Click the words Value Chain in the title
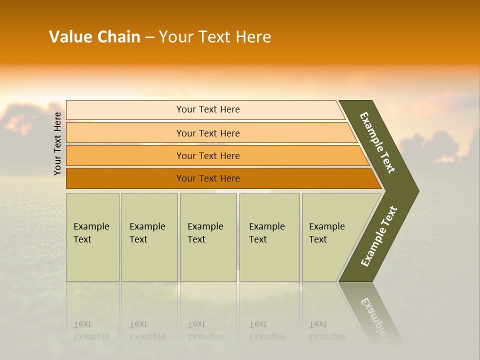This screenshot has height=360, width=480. (x=94, y=37)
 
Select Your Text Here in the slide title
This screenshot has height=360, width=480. (x=215, y=37)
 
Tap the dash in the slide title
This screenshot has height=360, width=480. (x=149, y=37)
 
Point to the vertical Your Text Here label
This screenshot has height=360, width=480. (x=58, y=143)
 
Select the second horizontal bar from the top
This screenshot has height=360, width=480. (x=207, y=133)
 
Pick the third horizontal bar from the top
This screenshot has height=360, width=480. (x=207, y=155)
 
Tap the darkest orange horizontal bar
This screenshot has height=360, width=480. (x=207, y=178)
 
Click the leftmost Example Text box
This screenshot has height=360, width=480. (x=92, y=237)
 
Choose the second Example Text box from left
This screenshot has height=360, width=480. (x=149, y=237)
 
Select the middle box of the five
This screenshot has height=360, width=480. (x=208, y=237)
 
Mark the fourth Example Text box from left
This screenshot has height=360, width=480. (x=269, y=237)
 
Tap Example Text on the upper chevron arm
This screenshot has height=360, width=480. (x=377, y=142)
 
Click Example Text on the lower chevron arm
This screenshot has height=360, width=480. (x=379, y=236)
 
